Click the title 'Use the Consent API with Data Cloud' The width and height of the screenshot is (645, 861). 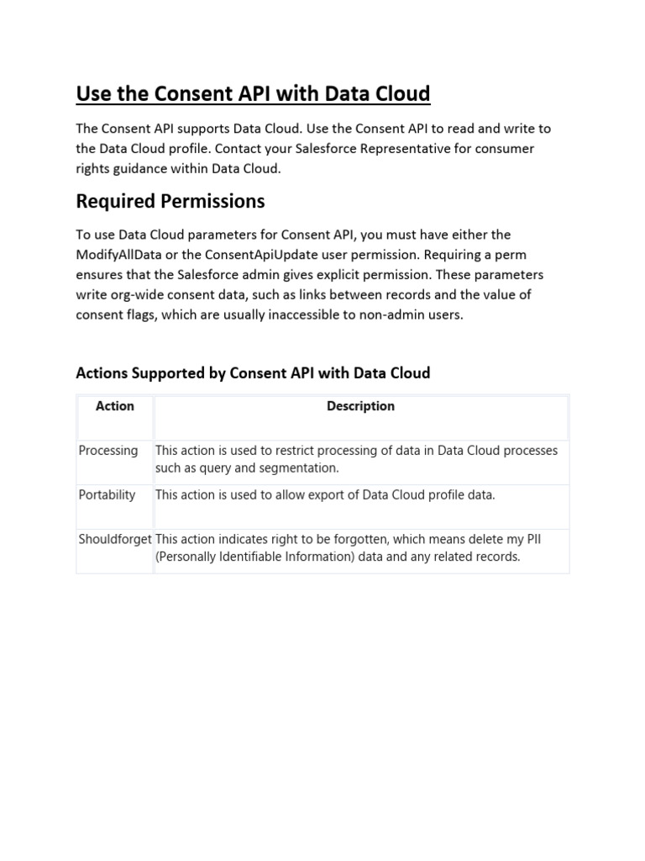click(253, 93)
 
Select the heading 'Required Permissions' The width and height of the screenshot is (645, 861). click(170, 201)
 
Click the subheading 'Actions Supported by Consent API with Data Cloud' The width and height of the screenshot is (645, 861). click(253, 372)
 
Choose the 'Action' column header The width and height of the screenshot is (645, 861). click(115, 406)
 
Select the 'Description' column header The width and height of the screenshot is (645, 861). click(360, 406)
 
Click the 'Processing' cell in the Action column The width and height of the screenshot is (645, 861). click(108, 451)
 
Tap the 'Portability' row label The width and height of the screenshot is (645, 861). click(107, 495)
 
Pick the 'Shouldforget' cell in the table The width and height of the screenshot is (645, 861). click(115, 539)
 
